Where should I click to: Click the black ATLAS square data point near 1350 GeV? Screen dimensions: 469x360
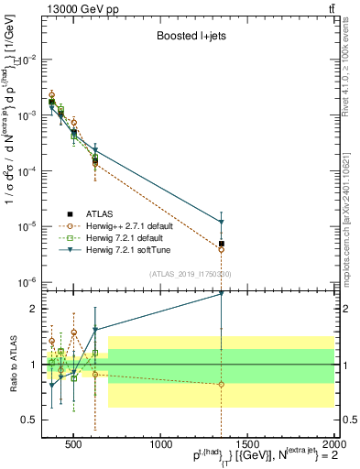(221, 244)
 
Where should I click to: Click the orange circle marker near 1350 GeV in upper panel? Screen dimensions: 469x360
(221, 249)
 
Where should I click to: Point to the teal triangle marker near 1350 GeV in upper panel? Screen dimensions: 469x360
(221, 222)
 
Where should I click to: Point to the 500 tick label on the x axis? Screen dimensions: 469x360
(74, 445)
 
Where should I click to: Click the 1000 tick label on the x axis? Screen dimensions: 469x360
(161, 445)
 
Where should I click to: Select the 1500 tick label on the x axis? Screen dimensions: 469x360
(247, 445)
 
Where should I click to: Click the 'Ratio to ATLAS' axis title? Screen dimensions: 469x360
(13, 365)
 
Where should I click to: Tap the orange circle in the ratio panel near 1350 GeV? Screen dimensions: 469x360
(221, 384)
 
